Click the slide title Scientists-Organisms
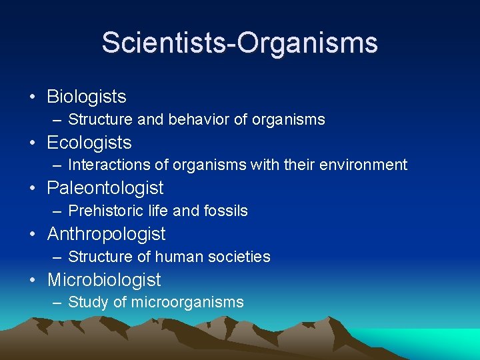[x=239, y=43]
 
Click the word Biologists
[x=86, y=97]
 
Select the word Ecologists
[x=89, y=143]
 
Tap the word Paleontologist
[x=105, y=189]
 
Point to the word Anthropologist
[x=106, y=234]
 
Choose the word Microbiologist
[x=104, y=280]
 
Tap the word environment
[x=366, y=165]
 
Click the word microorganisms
[x=187, y=303]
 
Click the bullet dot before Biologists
[x=33, y=97]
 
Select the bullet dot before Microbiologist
[x=33, y=281]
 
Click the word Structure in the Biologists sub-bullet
[x=98, y=120]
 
